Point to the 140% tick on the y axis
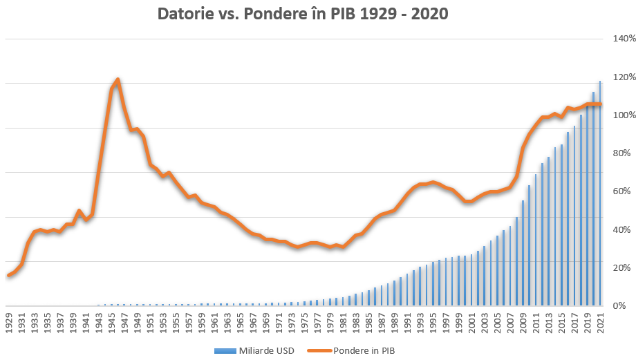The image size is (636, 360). coord(616,39)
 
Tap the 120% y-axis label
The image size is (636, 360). coord(616,77)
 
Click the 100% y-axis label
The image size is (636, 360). coord(616,115)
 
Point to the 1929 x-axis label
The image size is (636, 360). coord(10,323)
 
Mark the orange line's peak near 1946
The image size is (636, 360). coord(118,79)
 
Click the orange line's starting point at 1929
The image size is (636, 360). coord(9,275)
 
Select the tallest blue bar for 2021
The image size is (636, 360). coord(599,193)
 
